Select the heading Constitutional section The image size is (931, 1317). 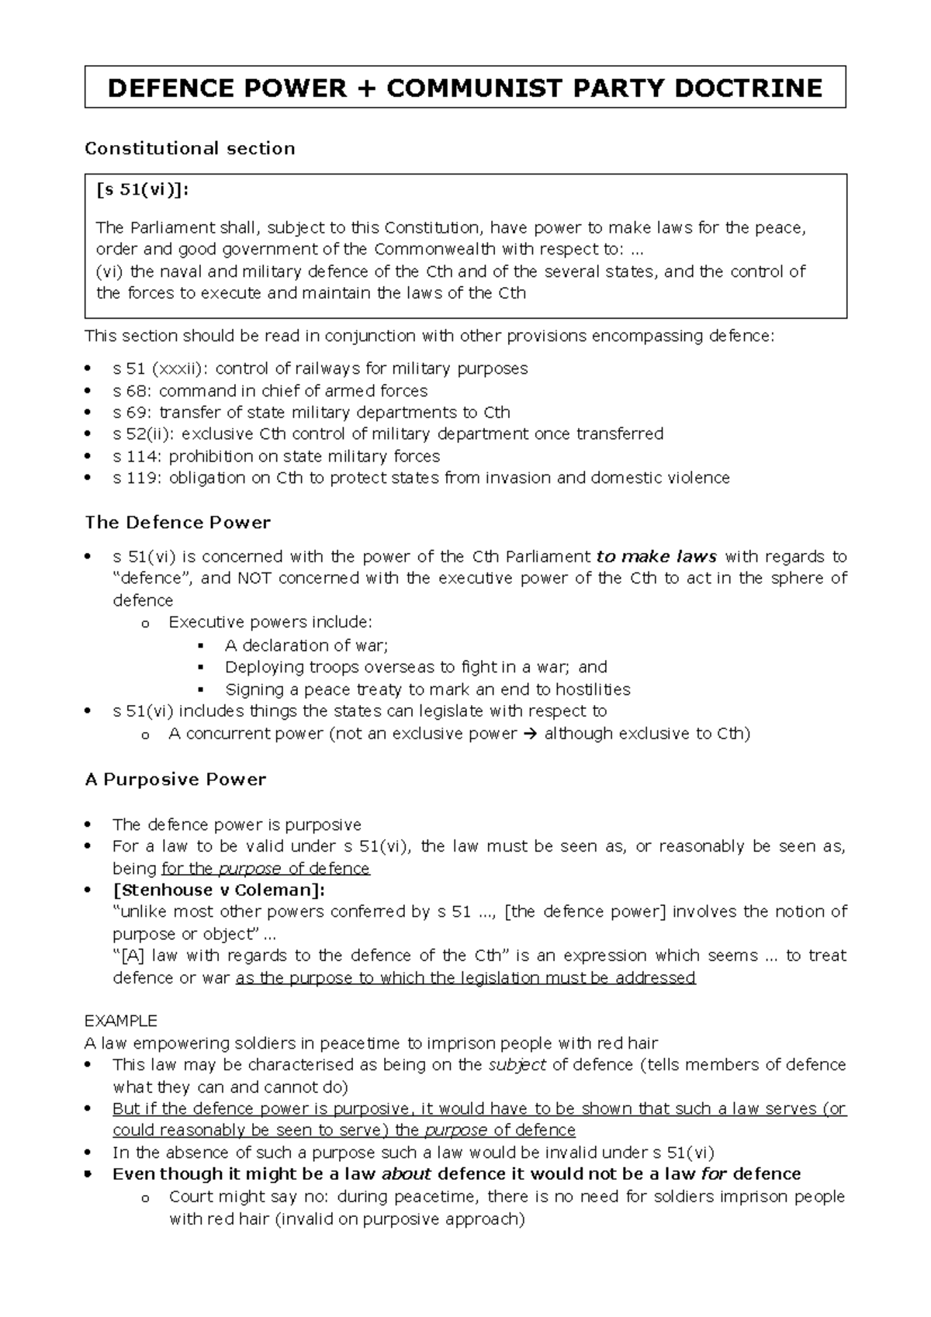click(x=189, y=148)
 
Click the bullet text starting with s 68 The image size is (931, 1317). click(x=270, y=390)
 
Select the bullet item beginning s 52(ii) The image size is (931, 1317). click(x=387, y=434)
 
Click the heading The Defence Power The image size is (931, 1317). click(x=178, y=522)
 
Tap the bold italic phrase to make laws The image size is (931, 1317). click(x=656, y=556)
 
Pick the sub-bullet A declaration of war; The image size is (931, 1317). click(x=306, y=645)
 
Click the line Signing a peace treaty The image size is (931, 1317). click(x=427, y=690)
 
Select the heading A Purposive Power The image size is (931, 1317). click(x=175, y=779)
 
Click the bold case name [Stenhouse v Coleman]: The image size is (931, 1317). click(x=219, y=890)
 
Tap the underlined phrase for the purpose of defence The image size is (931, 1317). click(x=265, y=869)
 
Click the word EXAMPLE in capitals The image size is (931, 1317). click(x=120, y=1020)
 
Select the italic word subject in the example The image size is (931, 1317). click(x=517, y=1064)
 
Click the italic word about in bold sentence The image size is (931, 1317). click(x=407, y=1174)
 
